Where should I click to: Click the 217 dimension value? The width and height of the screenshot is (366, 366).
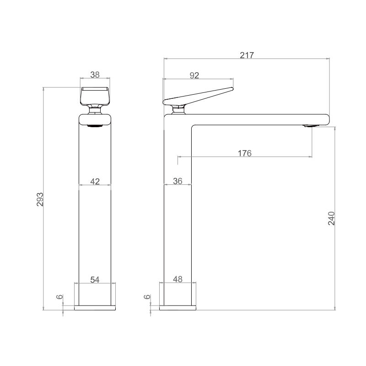pos(247,55)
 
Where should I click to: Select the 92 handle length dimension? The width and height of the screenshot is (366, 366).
pos(194,75)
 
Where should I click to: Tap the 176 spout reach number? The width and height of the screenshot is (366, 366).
pos(245,153)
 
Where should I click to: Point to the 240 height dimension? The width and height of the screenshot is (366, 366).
pos(331,218)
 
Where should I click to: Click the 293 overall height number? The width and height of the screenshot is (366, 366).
pos(40,199)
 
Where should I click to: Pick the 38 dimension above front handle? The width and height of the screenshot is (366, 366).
pos(95,75)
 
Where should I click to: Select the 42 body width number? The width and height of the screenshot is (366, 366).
pos(95,181)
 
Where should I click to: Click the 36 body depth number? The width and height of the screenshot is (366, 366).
pos(178,181)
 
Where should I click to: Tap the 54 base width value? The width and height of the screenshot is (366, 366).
pos(95,280)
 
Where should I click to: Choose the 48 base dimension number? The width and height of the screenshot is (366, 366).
pos(178,279)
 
